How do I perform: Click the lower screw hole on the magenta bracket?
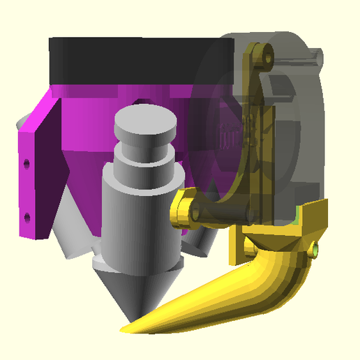pos(27,217)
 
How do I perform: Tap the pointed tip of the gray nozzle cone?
pos(135,308)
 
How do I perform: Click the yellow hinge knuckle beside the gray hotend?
pos(183,211)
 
